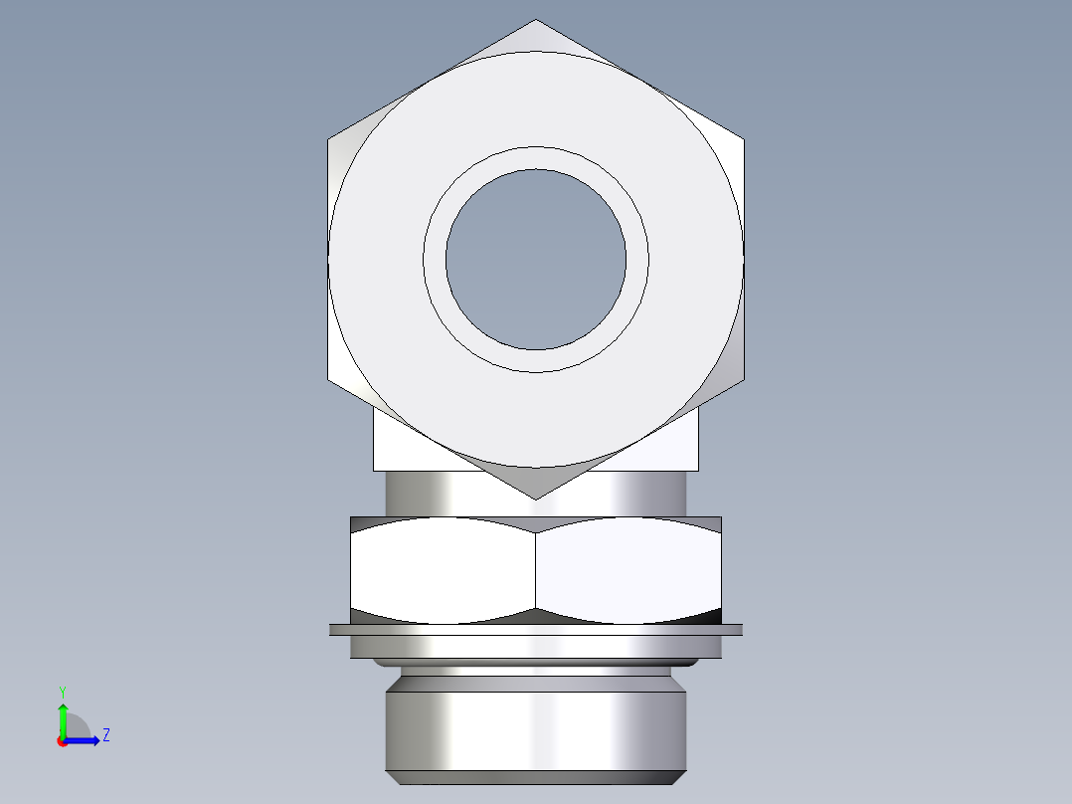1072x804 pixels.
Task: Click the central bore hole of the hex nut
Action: pos(536,260)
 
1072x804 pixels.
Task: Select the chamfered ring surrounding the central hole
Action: pos(536,159)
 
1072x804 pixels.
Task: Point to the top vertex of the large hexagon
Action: pos(536,21)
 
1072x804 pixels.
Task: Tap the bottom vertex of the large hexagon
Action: pos(536,498)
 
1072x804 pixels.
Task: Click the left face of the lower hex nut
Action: pos(443,573)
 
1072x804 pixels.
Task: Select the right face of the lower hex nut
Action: pos(628,573)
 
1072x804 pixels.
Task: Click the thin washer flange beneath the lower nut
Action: pos(536,629)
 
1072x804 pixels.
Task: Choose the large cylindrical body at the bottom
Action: pos(536,726)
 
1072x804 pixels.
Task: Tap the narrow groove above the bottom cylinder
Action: pos(536,671)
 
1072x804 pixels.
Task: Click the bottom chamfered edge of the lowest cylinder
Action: pos(536,777)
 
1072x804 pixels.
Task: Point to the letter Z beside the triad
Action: pos(105,735)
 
